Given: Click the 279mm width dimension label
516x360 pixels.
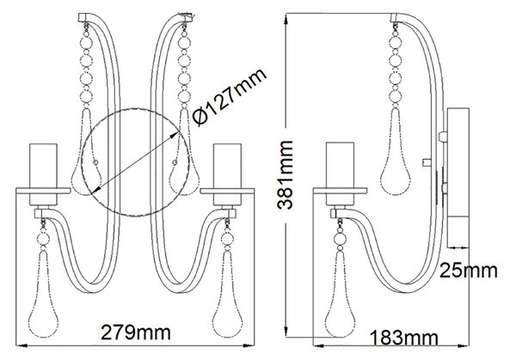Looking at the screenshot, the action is coord(136,333).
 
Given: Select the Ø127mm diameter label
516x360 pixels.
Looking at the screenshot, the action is coord(229,97).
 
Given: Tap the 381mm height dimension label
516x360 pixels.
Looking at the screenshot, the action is coord(285,175).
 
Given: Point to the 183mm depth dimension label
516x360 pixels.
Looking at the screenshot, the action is coord(404,338).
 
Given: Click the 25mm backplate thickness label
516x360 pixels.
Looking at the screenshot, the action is coord(469,271).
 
